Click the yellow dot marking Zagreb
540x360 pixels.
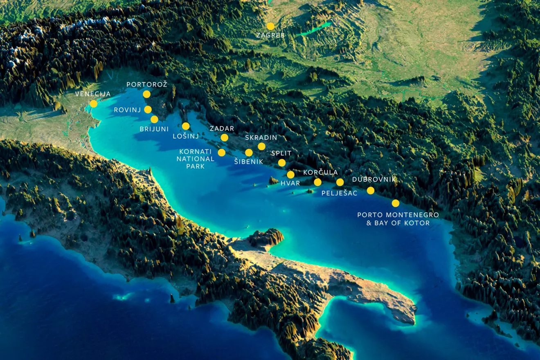[270, 26]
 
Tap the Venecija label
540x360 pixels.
[93, 94]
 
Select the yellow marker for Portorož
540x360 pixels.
[146, 94]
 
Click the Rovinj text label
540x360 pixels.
[127, 110]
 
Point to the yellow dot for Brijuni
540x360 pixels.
[154, 119]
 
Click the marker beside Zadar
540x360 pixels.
[224, 137]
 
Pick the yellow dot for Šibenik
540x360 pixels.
[249, 153]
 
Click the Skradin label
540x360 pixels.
[261, 137]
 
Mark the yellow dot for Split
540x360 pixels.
[282, 163]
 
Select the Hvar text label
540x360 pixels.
[290, 183]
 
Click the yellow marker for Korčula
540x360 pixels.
[317, 182]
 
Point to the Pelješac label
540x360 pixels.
[340, 193]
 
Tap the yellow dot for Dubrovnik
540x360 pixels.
[370, 190]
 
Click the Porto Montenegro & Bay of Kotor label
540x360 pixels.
[398, 219]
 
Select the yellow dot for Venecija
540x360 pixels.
[94, 103]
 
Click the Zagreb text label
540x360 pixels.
[270, 36]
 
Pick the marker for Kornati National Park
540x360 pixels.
[221, 153]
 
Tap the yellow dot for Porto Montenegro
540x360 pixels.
[395, 203]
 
